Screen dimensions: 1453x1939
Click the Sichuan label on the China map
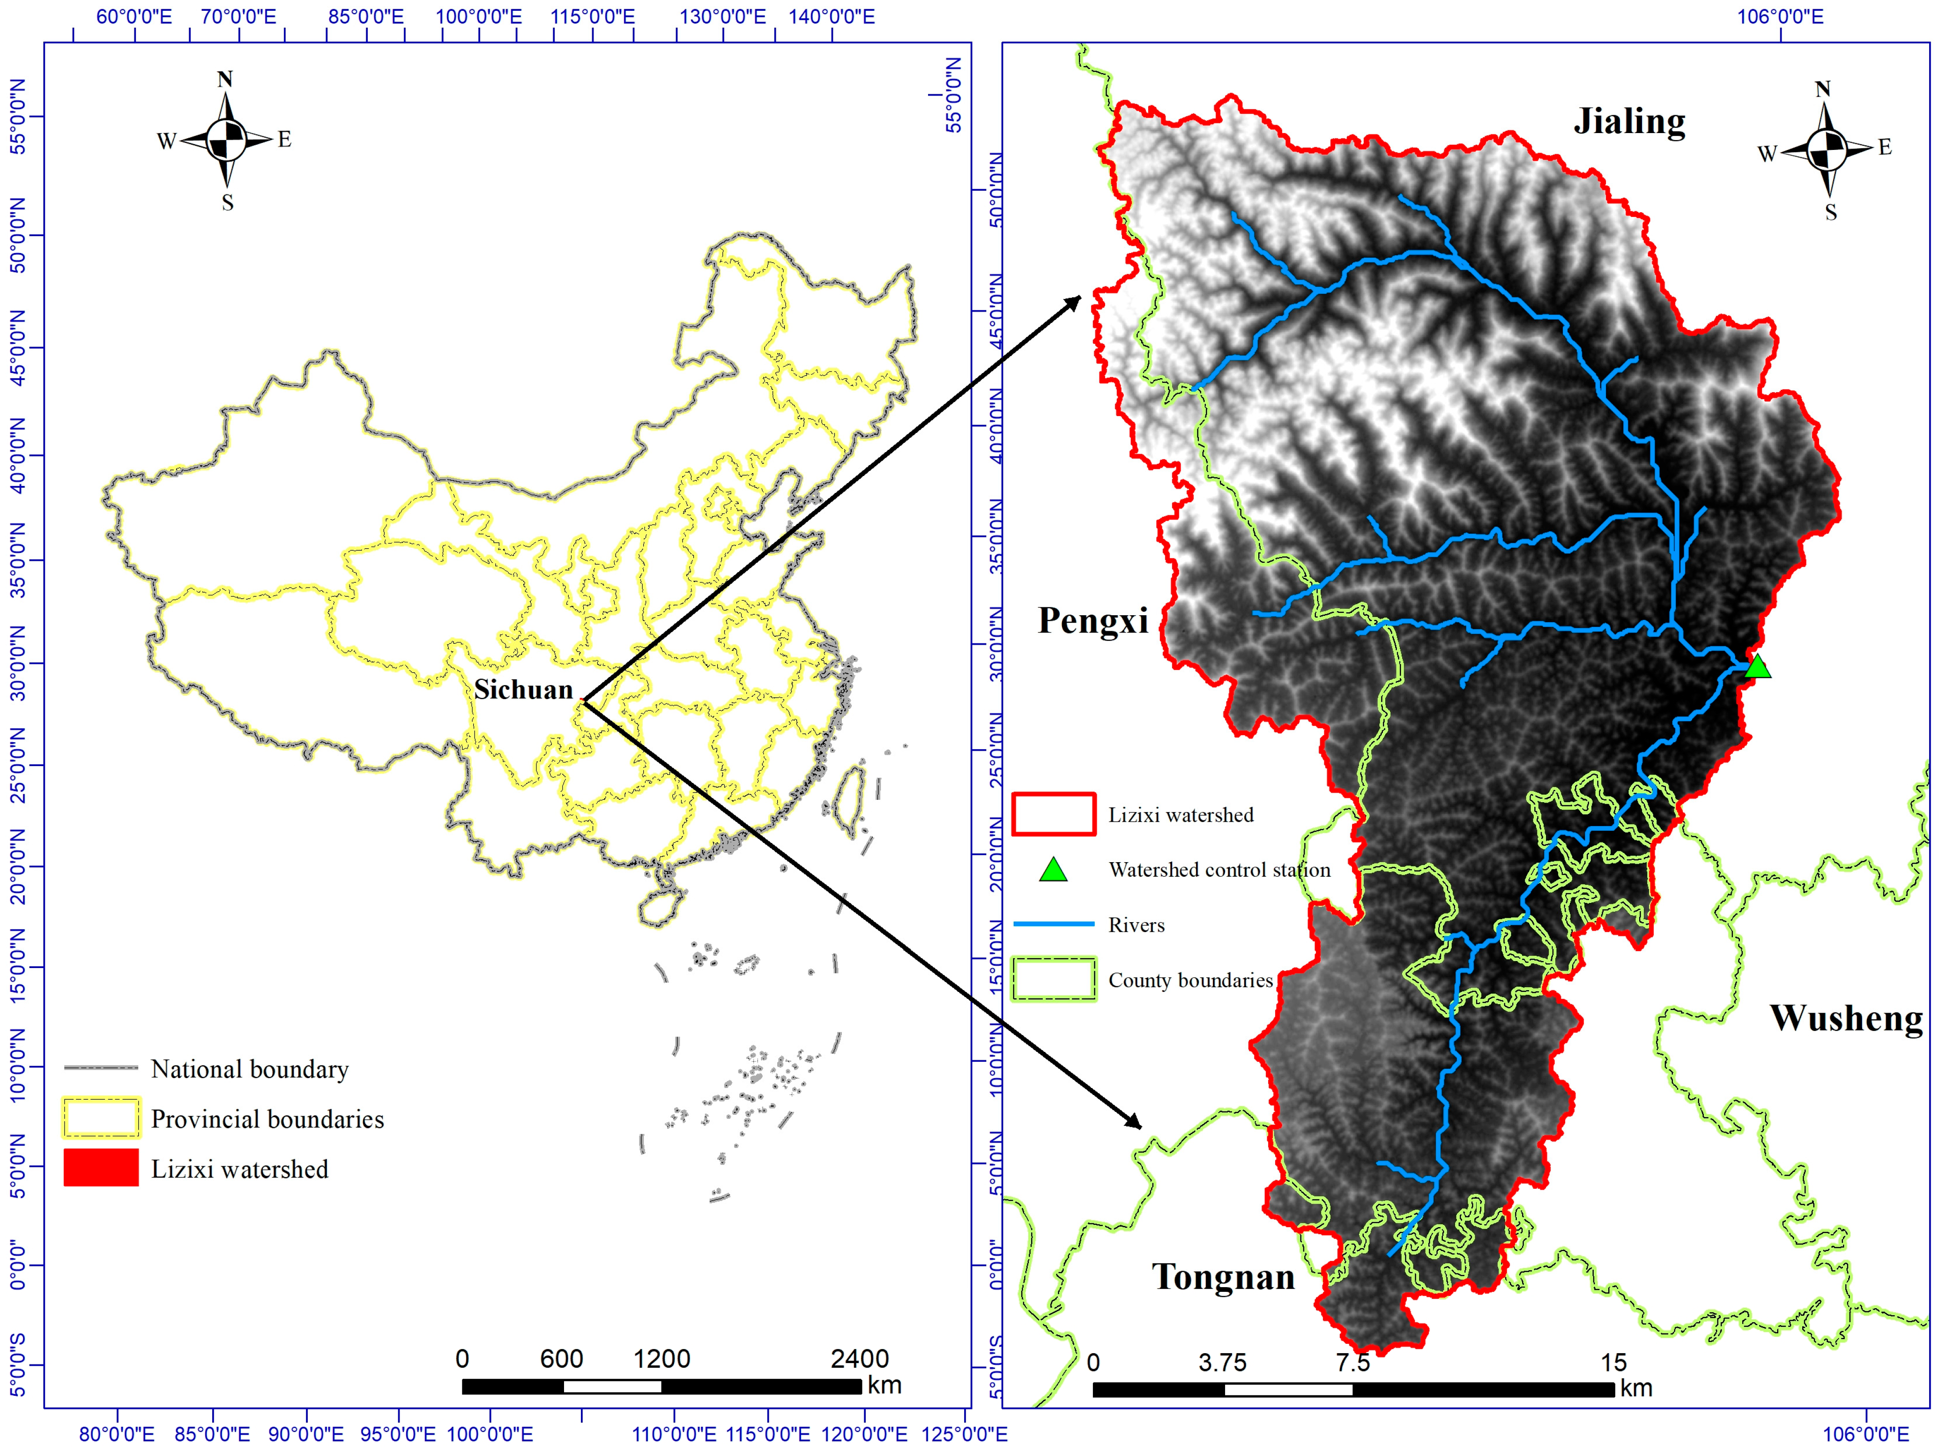pyautogui.click(x=523, y=690)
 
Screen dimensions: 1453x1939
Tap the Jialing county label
pyautogui.click(x=1629, y=122)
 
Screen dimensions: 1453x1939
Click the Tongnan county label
pyautogui.click(x=1223, y=1277)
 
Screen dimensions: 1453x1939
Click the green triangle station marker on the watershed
pyautogui.click(x=1757, y=667)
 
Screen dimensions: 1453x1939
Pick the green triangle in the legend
pyautogui.click(x=1053, y=869)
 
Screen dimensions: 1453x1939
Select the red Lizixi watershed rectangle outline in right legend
pyautogui.click(x=1054, y=814)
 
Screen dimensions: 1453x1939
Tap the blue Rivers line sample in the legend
pyautogui.click(x=1054, y=924)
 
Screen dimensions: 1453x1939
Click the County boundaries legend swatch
pyautogui.click(x=1054, y=979)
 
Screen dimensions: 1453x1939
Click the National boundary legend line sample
pyautogui.click(x=101, y=1068)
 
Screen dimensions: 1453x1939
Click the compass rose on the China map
pyautogui.click(x=226, y=140)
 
